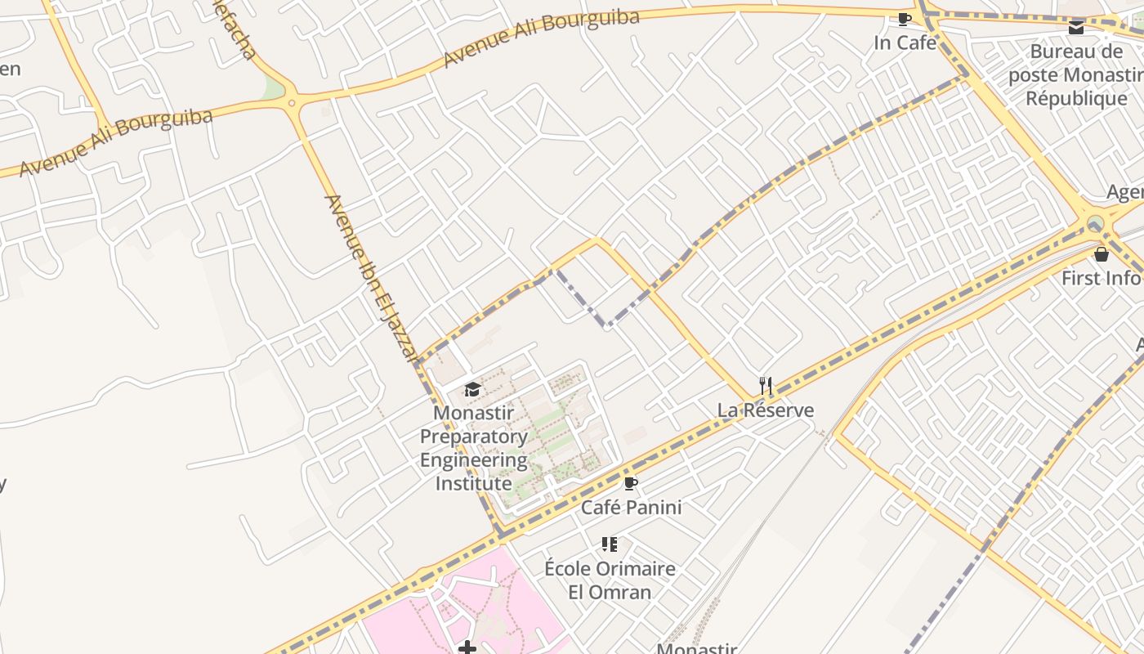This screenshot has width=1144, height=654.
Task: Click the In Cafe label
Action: (905, 43)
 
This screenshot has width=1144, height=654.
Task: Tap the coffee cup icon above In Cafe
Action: (904, 19)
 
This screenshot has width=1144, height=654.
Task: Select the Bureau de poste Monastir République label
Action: (1076, 75)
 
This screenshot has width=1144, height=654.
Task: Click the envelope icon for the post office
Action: (1076, 28)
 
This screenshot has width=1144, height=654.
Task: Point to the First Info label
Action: (1100, 278)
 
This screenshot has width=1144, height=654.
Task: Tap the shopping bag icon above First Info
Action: (1101, 254)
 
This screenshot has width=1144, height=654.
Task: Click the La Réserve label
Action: (766, 410)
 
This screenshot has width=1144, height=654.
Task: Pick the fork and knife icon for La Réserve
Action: (766, 386)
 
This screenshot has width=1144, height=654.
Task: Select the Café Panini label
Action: (631, 508)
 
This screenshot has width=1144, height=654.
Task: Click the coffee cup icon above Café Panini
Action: (630, 483)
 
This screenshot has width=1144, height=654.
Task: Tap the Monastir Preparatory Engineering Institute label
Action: (473, 448)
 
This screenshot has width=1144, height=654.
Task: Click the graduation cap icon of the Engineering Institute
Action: (472, 388)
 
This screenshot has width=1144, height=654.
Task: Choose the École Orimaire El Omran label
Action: (610, 580)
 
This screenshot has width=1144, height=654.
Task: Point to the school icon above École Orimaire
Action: (610, 544)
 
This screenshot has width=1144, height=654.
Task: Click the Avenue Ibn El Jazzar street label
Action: (372, 278)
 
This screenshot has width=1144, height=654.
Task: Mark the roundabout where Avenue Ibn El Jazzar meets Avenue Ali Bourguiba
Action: (292, 102)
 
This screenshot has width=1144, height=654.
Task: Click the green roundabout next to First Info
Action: (1095, 222)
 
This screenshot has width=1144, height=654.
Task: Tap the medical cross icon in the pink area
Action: (467, 648)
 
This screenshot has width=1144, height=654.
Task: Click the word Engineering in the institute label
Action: (473, 460)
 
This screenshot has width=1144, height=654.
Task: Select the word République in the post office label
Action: (1076, 99)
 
